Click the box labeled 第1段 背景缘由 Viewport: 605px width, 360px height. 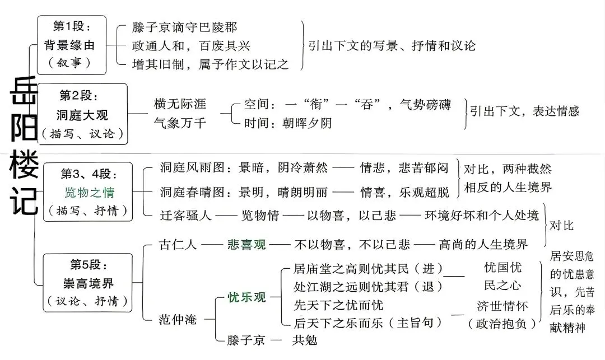pyautogui.click(x=71, y=45)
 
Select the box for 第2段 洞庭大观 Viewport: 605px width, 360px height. pyautogui.click(x=82, y=114)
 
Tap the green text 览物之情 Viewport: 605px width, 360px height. pyautogui.click(x=90, y=192)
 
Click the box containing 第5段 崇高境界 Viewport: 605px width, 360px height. pyautogui.click(x=87, y=283)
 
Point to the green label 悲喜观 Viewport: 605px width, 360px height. pyautogui.click(x=246, y=244)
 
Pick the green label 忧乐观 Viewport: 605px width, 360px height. pyautogui.click(x=246, y=297)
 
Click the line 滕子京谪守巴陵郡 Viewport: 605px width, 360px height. pyautogui.click(x=184, y=27)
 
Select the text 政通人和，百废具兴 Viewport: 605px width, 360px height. pyautogui.click(x=191, y=46)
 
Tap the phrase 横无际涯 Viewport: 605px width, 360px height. pyautogui.click(x=180, y=104)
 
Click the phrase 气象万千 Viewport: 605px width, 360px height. pyautogui.click(x=180, y=123)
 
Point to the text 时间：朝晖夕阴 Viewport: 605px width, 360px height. pyautogui.click(x=288, y=123)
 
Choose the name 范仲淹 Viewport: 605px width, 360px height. pyautogui.click(x=178, y=319)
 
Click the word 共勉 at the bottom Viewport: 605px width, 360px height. pyautogui.click(x=305, y=340)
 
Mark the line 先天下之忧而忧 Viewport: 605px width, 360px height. pyautogui.click(x=338, y=305)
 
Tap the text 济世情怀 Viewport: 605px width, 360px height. pyautogui.click(x=502, y=306)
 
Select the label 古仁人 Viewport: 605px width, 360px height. pyautogui.click(x=178, y=244)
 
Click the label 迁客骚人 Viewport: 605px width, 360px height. pyautogui.click(x=186, y=215)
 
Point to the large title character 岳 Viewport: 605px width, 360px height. pyautogui.click(x=24, y=91)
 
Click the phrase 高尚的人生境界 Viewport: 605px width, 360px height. pyautogui.click(x=483, y=244)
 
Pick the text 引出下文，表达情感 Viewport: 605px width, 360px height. pyautogui.click(x=524, y=111)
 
